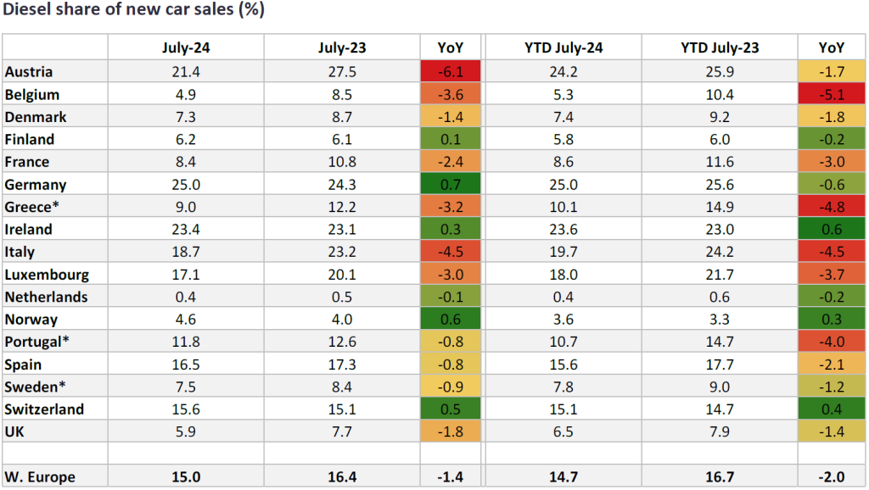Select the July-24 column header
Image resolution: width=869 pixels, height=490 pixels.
(186, 47)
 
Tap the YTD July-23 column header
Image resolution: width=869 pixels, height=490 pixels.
(720, 47)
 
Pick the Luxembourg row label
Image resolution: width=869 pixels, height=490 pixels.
(47, 274)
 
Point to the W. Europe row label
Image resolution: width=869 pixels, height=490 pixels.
(40, 476)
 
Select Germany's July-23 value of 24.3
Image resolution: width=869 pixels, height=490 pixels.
(342, 184)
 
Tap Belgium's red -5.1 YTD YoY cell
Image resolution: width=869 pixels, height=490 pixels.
(832, 94)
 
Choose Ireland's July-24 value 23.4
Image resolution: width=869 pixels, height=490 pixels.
(186, 229)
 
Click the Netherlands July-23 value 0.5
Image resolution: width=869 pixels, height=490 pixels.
(342, 297)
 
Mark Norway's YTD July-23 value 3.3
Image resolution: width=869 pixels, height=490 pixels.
(720, 320)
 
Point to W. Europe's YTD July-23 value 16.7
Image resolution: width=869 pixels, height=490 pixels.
(720, 476)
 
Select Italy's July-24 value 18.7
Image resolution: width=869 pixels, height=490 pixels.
(186, 252)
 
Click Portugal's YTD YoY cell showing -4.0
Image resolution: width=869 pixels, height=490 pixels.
(832, 342)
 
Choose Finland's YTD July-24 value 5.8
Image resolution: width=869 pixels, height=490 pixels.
(563, 139)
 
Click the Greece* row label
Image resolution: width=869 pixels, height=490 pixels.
(28, 207)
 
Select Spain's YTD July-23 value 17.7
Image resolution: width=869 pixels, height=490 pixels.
(720, 365)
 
